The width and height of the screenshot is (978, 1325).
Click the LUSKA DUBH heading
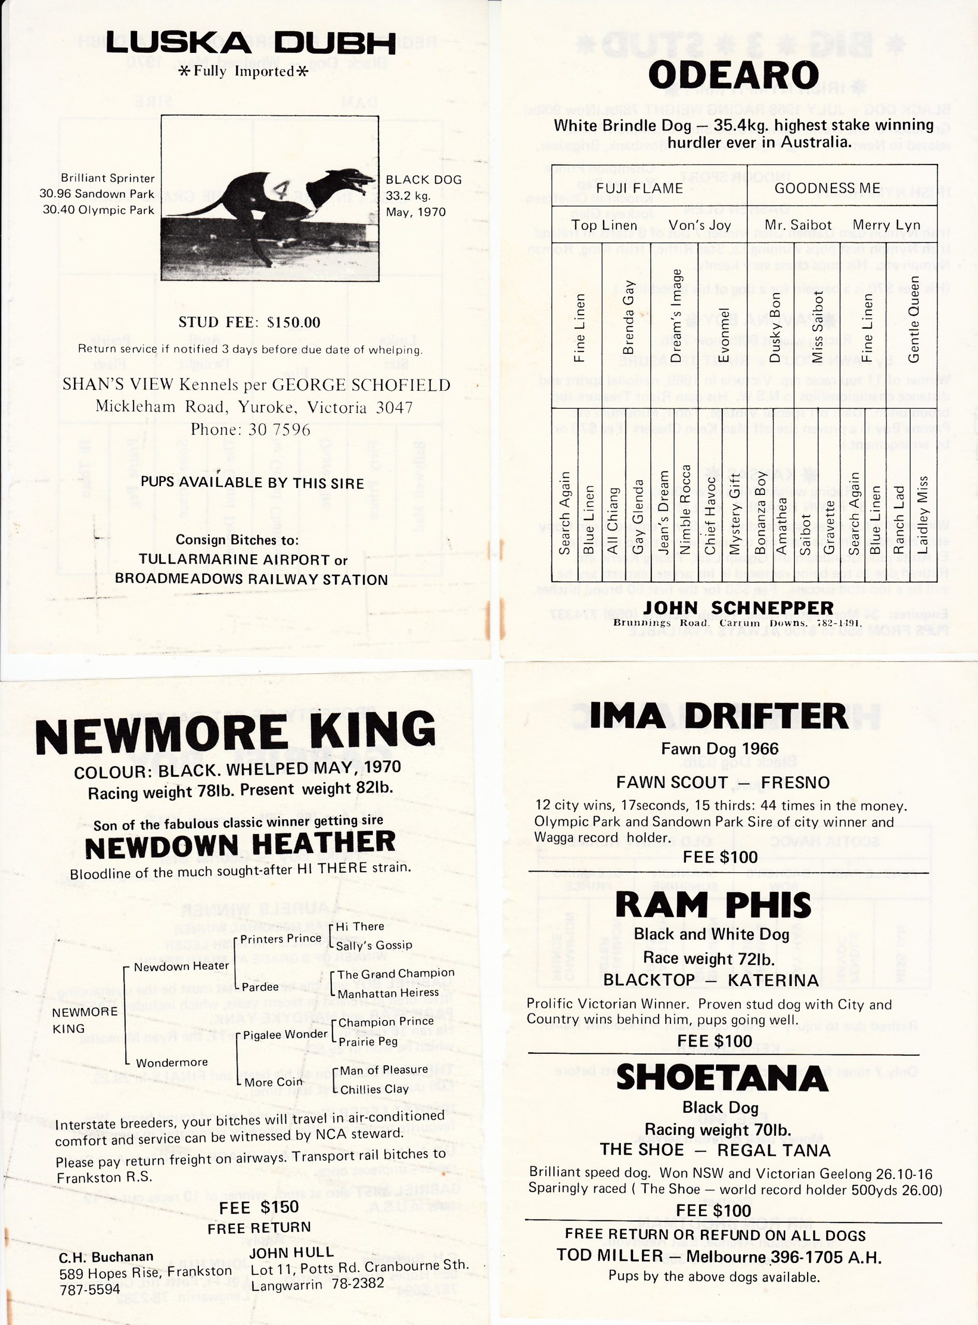point(251,42)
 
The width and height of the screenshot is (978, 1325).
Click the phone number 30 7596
point(280,430)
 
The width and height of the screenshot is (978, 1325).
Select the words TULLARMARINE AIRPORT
point(234,560)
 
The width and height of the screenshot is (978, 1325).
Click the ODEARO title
point(734,76)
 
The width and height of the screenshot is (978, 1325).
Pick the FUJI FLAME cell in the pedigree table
point(639,188)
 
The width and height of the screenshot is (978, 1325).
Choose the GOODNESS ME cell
point(827,188)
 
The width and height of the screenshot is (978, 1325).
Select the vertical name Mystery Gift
point(734,513)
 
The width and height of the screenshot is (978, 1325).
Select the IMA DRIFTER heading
point(719,716)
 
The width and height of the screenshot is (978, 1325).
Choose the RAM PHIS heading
point(713,906)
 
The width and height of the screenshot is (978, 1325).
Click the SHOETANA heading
point(722,1078)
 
